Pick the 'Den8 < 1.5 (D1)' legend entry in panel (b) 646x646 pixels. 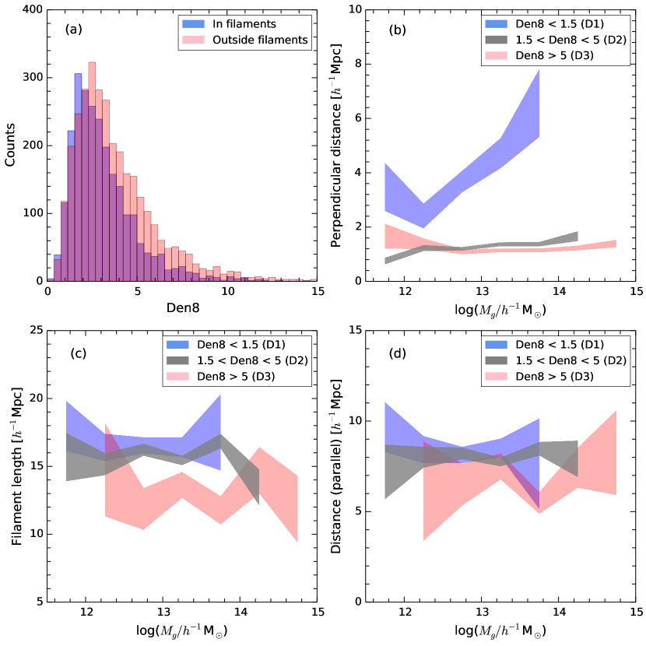click(560, 25)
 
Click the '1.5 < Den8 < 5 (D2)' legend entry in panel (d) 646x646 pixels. click(571, 362)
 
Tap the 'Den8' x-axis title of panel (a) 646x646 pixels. click(181, 307)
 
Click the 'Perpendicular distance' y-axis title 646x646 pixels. click(338, 145)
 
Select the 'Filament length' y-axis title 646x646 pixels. click(15, 466)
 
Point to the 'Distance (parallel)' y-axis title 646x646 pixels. click(338, 466)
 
